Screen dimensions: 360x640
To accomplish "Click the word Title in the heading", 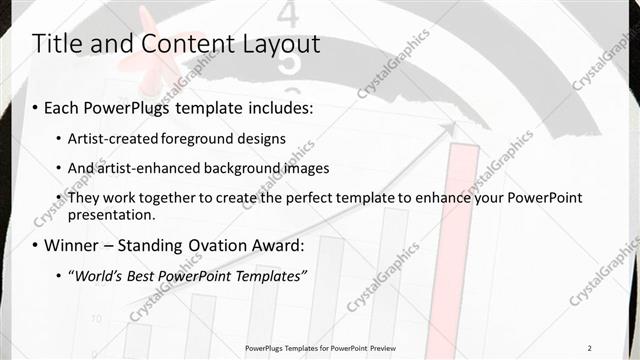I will click(x=58, y=44).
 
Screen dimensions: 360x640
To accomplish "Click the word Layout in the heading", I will click(x=274, y=44).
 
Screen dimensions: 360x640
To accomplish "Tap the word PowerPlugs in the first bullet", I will click(x=128, y=107).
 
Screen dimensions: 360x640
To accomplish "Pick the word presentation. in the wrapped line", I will click(x=112, y=215).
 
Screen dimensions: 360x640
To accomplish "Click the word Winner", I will click(x=73, y=245).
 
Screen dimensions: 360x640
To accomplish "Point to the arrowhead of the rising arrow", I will click(x=451, y=127).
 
